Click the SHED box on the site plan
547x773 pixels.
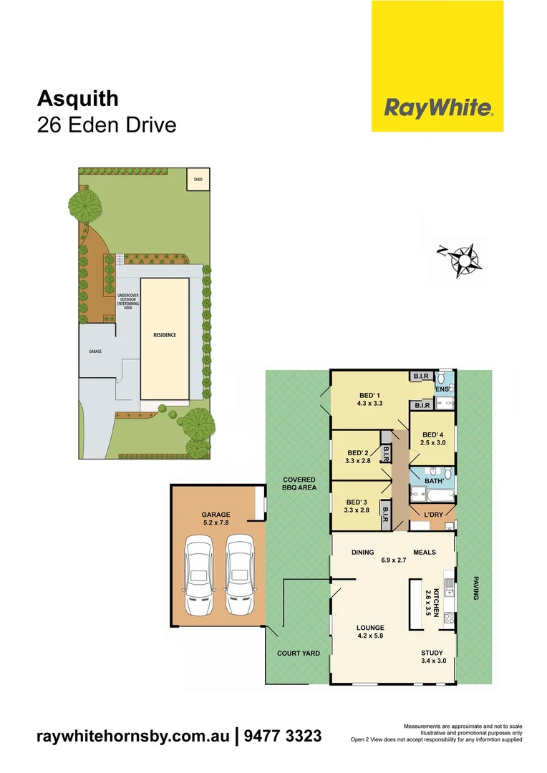(198, 180)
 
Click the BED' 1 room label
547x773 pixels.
(371, 399)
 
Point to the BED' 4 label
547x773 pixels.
(434, 439)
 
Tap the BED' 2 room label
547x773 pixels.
(359, 457)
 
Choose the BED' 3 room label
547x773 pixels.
(359, 506)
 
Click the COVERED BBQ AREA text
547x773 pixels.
(299, 483)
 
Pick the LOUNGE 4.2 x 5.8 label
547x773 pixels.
(370, 631)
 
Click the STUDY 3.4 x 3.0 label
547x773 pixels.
(432, 656)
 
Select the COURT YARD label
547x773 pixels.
(299, 653)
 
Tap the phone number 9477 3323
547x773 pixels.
(283, 736)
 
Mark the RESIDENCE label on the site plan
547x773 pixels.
(164, 335)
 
